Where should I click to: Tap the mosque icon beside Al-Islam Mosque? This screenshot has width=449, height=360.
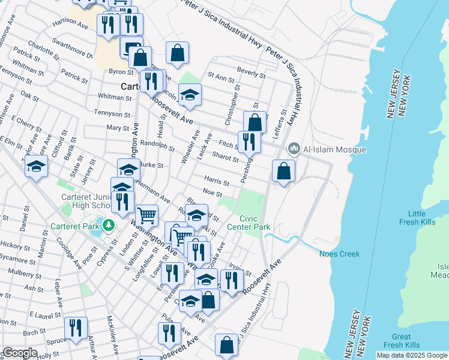(x=294, y=148)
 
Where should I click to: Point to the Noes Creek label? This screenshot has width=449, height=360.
(x=339, y=254)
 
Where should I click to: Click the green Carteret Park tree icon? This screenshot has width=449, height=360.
(x=108, y=226)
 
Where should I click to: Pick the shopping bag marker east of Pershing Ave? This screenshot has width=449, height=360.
(x=283, y=171)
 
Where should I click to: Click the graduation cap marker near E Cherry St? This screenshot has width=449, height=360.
(x=36, y=166)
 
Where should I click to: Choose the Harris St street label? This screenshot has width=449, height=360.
(x=217, y=181)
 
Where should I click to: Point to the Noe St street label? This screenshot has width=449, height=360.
(x=212, y=194)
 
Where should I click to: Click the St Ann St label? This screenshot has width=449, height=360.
(x=220, y=77)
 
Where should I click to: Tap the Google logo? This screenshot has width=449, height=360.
(x=20, y=353)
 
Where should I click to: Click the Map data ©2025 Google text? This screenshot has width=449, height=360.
(x=412, y=355)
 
